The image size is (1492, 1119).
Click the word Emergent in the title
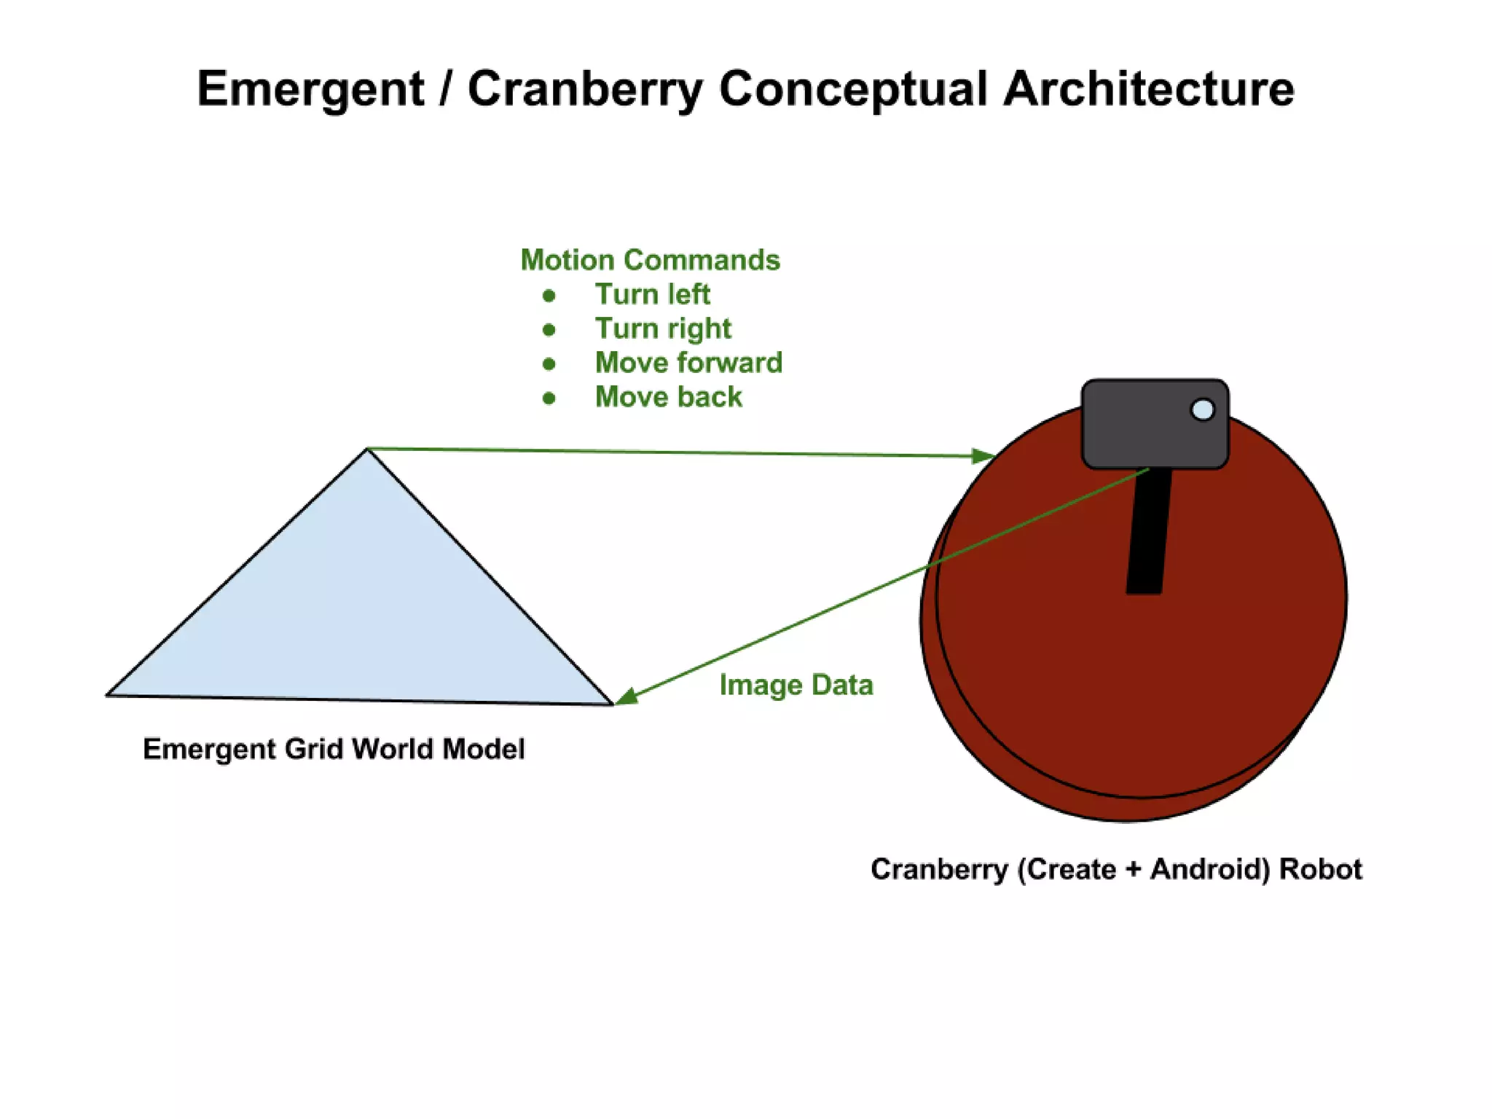pos(310,90)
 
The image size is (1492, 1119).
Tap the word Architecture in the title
pos(1149,90)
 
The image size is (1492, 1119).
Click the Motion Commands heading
pos(650,260)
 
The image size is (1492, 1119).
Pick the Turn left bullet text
pos(652,294)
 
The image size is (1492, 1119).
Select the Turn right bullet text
pos(663,329)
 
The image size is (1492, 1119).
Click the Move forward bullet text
pos(688,363)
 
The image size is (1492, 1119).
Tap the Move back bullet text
pos(668,397)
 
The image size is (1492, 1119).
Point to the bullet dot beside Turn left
pos(549,296)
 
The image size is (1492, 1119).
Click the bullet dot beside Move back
pos(549,398)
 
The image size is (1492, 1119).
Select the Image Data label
pos(796,685)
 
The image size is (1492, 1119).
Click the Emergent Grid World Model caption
pos(334,749)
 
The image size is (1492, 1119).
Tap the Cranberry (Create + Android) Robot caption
pos(1116,869)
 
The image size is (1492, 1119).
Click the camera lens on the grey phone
pos(1202,409)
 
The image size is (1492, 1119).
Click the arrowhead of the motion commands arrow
pos(985,456)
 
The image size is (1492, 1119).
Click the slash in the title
pos(445,90)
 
